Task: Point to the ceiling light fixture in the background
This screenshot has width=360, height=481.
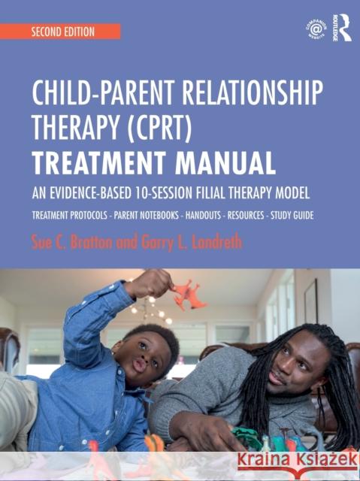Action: (x=144, y=307)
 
